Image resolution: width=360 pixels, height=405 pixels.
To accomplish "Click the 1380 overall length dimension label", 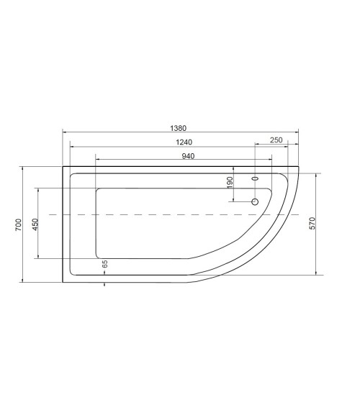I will pyautogui.click(x=179, y=125).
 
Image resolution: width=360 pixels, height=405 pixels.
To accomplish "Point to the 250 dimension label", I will pyautogui.click(x=275, y=140).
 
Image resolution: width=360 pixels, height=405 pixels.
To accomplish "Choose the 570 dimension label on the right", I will pyautogui.click(x=312, y=223).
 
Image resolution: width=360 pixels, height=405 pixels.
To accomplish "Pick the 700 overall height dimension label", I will pyautogui.click(x=18, y=224).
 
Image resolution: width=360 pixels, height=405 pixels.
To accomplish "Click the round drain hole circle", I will pyautogui.click(x=254, y=202).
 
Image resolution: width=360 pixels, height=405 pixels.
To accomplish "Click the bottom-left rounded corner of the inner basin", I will pyautogui.click(x=98, y=255).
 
